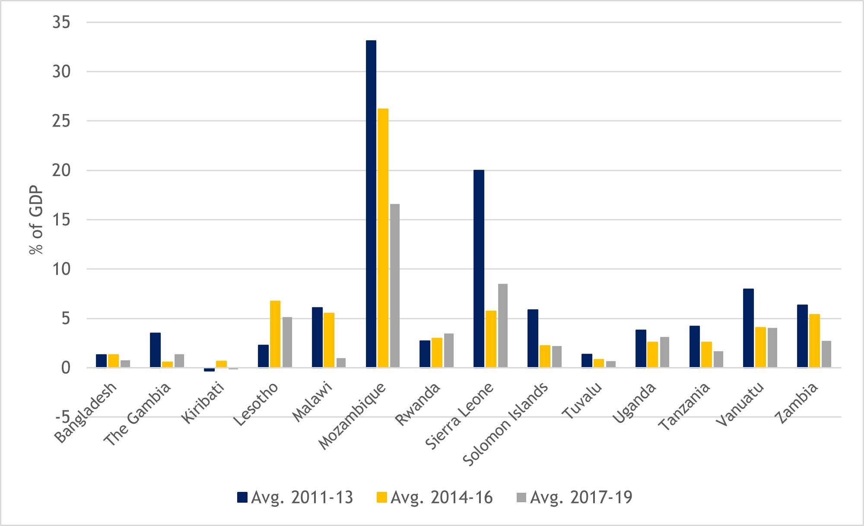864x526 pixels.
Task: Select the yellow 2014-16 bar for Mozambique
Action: coord(383,238)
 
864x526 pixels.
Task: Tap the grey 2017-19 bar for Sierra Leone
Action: coord(502,326)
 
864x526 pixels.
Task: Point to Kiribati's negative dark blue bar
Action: coord(209,370)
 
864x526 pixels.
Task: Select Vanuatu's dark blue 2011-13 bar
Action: coord(748,328)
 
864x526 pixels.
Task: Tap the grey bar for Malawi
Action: coord(341,363)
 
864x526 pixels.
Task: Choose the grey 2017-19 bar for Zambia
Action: coord(826,354)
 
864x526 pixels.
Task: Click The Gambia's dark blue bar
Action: coord(155,350)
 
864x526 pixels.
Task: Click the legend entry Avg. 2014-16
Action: coord(435,497)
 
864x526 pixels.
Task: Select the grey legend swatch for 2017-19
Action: coord(521,497)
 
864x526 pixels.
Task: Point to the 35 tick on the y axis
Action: coord(61,22)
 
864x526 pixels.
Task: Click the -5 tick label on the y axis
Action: coord(62,417)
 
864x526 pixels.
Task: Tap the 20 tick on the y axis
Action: coord(61,171)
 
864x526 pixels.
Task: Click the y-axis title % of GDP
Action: coord(36,220)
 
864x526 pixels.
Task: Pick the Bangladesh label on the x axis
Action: coord(86,412)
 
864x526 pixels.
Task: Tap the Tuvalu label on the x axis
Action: coord(582,400)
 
